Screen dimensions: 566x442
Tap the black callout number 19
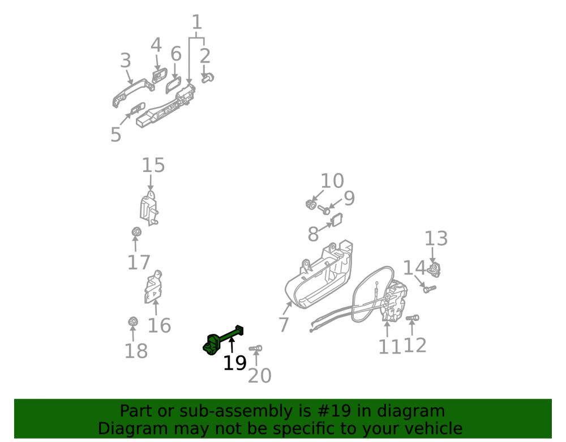[235, 363]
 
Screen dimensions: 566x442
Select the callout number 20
[260, 376]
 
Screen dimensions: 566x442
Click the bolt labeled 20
[256, 349]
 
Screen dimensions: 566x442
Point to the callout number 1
[197, 23]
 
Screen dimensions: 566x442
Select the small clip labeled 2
[208, 78]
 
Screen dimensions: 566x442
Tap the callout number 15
[153, 165]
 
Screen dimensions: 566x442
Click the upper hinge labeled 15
[149, 208]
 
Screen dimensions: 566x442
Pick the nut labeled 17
[136, 231]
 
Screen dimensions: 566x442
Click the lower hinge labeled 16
[154, 287]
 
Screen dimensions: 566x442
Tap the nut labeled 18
[133, 321]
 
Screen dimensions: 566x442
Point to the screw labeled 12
[412, 318]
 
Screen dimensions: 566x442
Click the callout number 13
[436, 238]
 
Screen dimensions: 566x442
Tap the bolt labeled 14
[430, 289]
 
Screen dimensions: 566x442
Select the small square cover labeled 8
[337, 220]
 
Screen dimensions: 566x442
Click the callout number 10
[332, 181]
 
